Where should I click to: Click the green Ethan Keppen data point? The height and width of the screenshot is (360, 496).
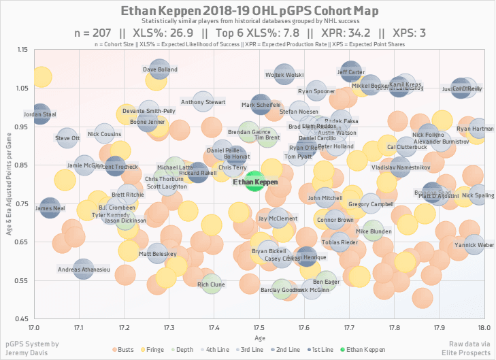point(254,182)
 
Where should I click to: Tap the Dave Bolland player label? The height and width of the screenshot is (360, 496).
point(160,69)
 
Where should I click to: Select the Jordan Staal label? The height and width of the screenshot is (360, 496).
point(39,114)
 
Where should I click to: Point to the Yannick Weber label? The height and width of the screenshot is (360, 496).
point(474,244)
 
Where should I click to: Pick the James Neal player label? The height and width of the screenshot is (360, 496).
point(49,208)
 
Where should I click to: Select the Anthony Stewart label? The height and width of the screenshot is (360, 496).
point(203,102)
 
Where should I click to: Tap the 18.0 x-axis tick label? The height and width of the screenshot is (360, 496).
point(482,328)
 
